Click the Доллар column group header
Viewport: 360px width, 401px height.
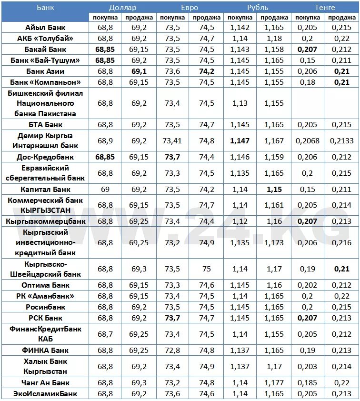coord(122,7)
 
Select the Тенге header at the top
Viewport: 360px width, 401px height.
coord(325,7)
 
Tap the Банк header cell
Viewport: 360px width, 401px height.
coord(45,7)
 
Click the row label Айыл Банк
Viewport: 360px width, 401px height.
coord(45,28)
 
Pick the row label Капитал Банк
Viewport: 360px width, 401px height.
coord(45,189)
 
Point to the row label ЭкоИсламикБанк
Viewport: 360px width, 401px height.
coord(45,394)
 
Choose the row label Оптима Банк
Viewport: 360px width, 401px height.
coord(45,285)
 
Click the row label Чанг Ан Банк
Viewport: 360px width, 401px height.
coord(45,383)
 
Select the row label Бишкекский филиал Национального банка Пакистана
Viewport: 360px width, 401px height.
coord(45,103)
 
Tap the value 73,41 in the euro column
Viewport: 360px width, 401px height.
coord(172,141)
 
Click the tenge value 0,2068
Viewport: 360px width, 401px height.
coord(308,141)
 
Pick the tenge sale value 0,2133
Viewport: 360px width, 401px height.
coord(341,141)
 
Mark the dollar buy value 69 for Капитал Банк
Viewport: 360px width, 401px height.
coord(105,189)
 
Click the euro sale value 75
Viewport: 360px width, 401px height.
coord(206,269)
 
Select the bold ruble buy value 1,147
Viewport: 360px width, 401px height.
coord(240,141)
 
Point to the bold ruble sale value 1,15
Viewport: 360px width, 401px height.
coord(274,189)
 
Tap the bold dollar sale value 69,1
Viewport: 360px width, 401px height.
coord(139,71)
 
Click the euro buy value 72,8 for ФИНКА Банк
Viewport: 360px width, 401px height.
coord(172,351)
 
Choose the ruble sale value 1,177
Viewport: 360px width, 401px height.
coord(274,383)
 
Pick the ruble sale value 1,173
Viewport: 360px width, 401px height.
coord(274,243)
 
